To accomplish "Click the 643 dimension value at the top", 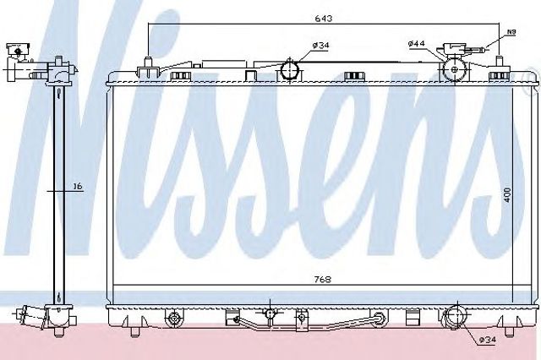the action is pyautogui.click(x=323, y=19).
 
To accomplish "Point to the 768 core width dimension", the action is pyautogui.click(x=323, y=280).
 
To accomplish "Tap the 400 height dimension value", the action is pyautogui.click(x=506, y=195).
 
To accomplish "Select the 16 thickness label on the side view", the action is pyautogui.click(x=79, y=187).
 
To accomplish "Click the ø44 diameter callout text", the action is pyautogui.click(x=416, y=44).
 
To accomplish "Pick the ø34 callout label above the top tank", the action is pyautogui.click(x=320, y=45).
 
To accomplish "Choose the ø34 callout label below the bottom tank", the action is pyautogui.click(x=487, y=340).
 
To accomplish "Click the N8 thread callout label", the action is pyautogui.click(x=511, y=32).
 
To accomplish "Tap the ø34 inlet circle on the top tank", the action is pyautogui.click(x=290, y=70).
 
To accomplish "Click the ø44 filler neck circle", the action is pyautogui.click(x=455, y=69).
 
